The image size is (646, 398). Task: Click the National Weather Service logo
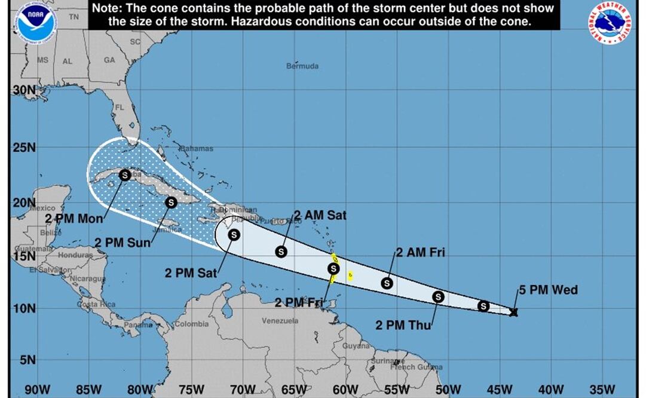tap(610, 23)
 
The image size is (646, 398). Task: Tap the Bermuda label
tap(302, 66)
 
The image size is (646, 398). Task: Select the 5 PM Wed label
tap(548, 290)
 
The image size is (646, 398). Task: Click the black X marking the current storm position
tap(513, 311)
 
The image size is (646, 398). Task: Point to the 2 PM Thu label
tap(403, 325)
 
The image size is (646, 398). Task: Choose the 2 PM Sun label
tap(123, 243)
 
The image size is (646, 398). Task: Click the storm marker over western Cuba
tap(125, 174)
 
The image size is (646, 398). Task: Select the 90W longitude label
tap(37, 390)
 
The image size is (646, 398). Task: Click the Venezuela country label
tap(280, 321)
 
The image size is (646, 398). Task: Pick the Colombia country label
tap(191, 324)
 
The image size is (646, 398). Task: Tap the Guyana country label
tap(356, 345)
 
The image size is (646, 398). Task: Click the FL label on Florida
tap(119, 108)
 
